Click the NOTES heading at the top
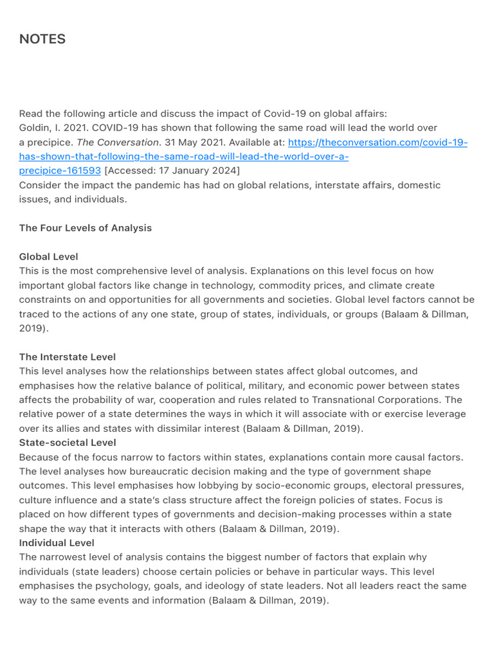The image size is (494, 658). pos(42,39)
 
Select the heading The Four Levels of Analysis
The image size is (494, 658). pos(86,228)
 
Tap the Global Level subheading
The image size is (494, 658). pos(48,257)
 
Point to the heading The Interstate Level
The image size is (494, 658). pos(68,357)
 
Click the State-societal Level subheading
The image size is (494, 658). pos(68,443)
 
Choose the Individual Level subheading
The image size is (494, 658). pos(57,543)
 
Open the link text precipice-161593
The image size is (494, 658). pos(60,171)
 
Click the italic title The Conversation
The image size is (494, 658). pos(118,143)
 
